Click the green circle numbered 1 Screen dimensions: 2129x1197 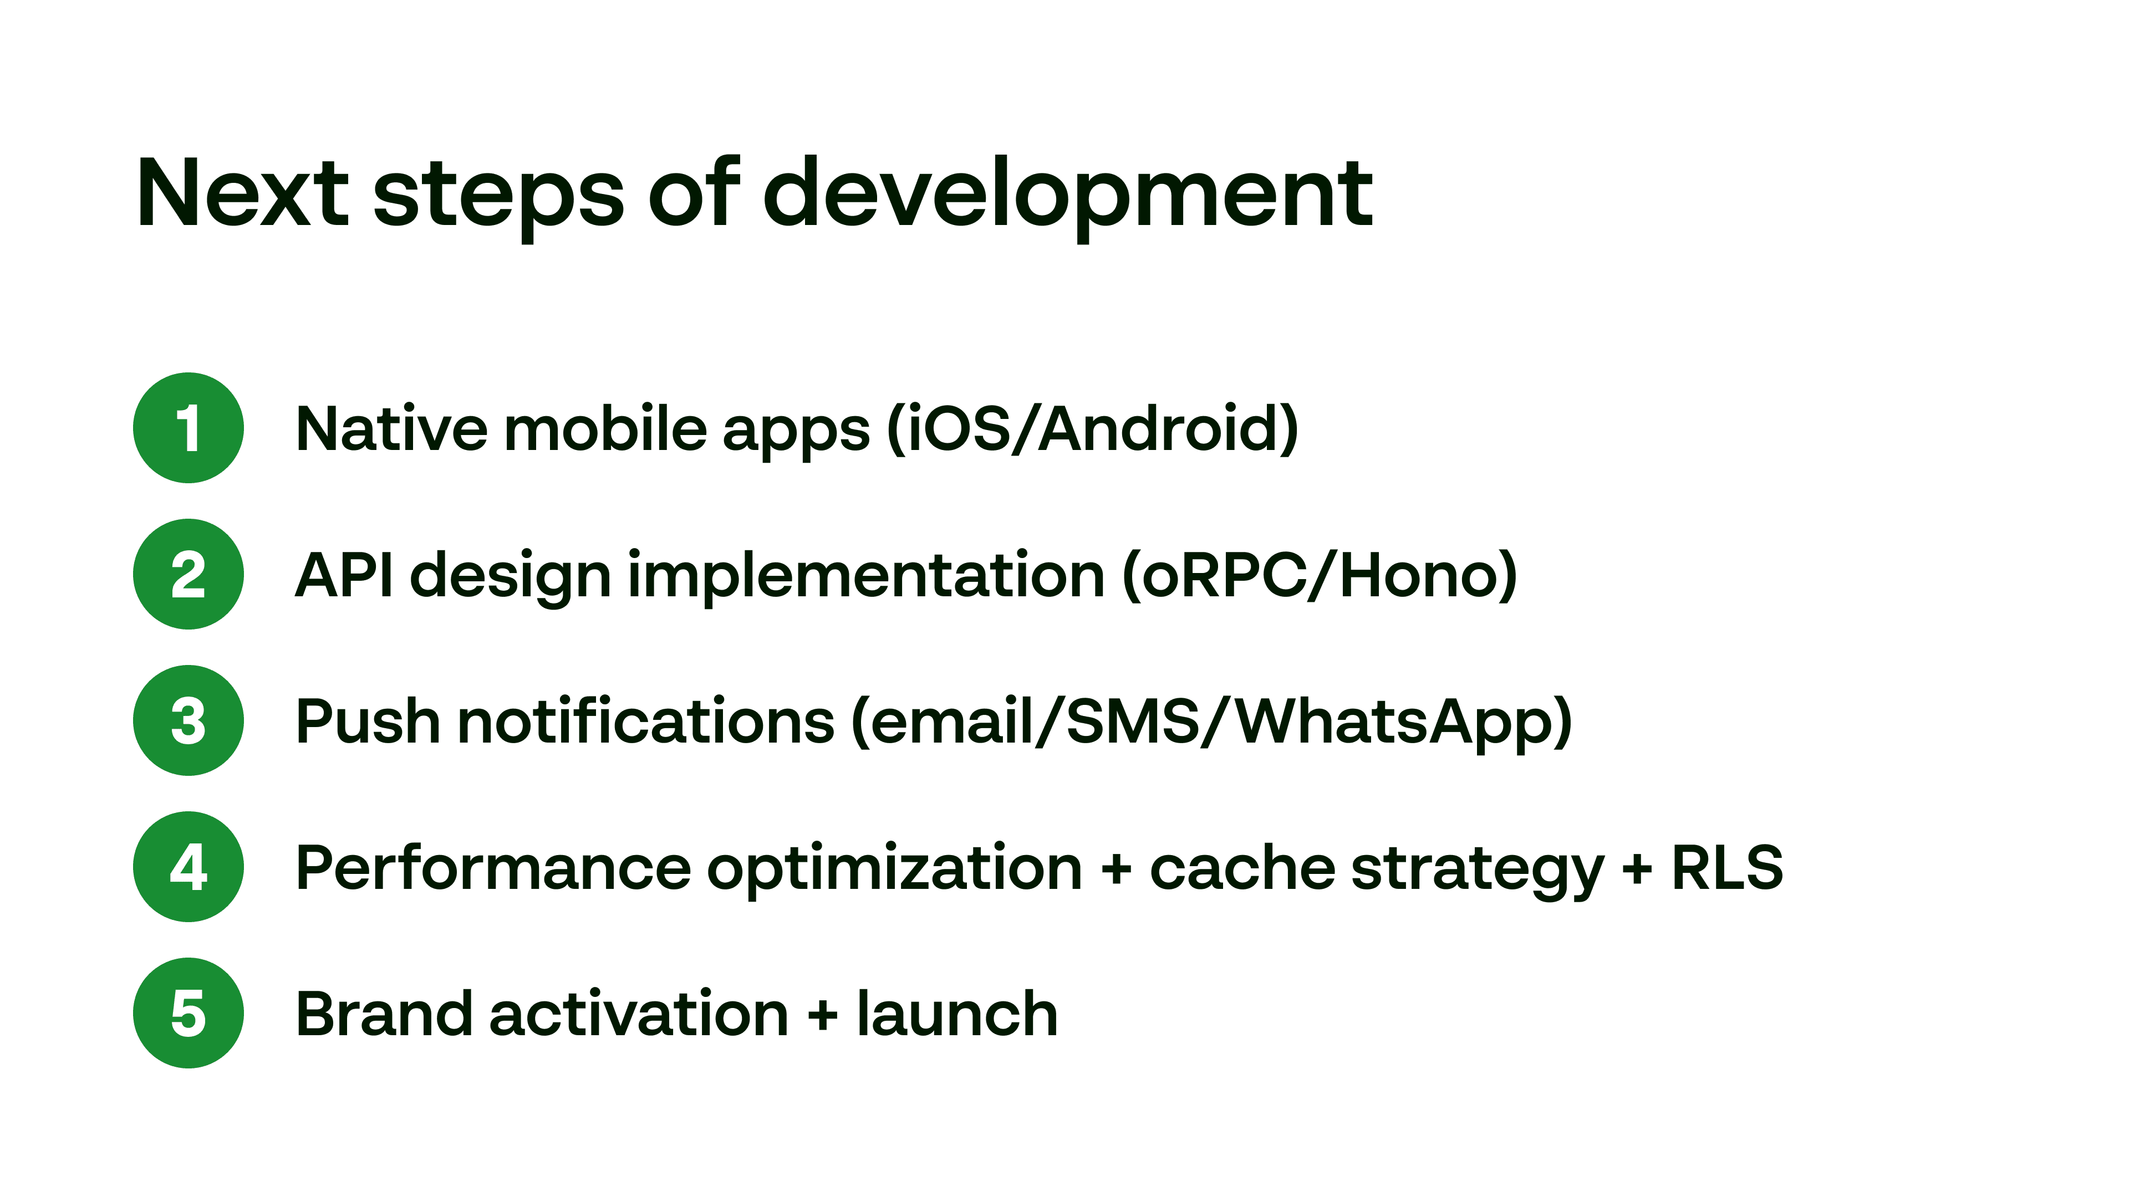(x=189, y=428)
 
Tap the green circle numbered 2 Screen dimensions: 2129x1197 (x=189, y=574)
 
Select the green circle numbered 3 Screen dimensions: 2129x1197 (x=189, y=720)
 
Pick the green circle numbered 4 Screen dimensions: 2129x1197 (x=189, y=867)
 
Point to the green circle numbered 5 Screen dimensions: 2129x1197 (x=189, y=1013)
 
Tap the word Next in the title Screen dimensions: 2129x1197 (x=243, y=193)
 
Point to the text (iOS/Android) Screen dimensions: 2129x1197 (x=1092, y=429)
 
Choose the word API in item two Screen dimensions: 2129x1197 (x=344, y=575)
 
